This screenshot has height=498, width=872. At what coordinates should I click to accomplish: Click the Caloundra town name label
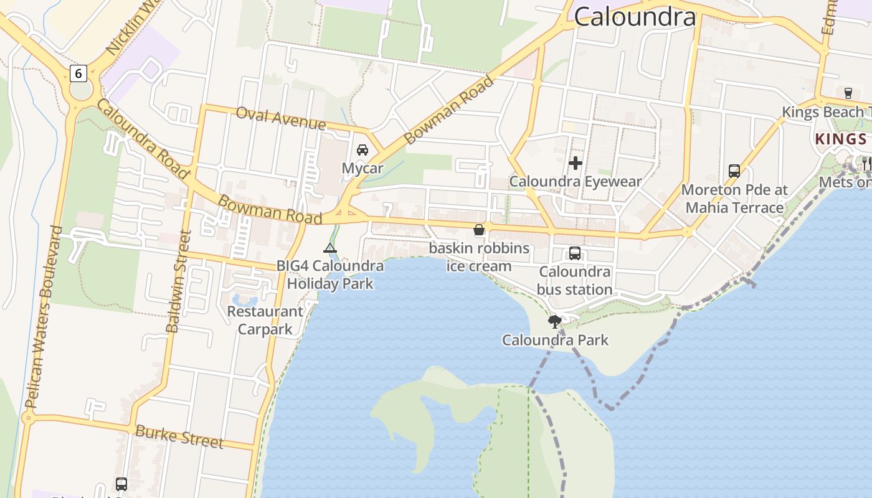(634, 16)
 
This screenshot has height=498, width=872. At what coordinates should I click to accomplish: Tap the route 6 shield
(78, 73)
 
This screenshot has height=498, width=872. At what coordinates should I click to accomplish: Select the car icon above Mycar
(363, 150)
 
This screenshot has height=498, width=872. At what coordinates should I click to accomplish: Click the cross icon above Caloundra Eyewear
(576, 163)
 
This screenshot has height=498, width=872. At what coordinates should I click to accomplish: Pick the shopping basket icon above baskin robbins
(479, 230)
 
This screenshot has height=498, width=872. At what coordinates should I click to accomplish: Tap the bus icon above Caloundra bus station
(574, 253)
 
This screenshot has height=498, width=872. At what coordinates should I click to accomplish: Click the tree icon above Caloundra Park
(554, 322)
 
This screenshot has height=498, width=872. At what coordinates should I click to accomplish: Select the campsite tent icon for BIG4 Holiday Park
(330, 249)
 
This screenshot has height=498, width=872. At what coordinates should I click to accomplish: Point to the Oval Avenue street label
(280, 118)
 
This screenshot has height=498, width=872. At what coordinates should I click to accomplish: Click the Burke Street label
(179, 436)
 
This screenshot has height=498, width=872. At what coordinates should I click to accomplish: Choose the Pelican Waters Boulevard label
(44, 317)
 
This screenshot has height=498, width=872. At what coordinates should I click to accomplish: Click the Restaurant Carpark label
(265, 320)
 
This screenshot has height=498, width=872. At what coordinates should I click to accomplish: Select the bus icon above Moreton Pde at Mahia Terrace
(734, 171)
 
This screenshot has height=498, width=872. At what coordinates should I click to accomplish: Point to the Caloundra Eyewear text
(576, 181)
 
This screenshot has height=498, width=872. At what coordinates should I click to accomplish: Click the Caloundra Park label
(555, 340)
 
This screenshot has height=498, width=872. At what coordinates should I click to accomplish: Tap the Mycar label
(363, 168)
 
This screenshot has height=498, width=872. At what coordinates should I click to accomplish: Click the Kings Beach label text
(826, 112)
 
